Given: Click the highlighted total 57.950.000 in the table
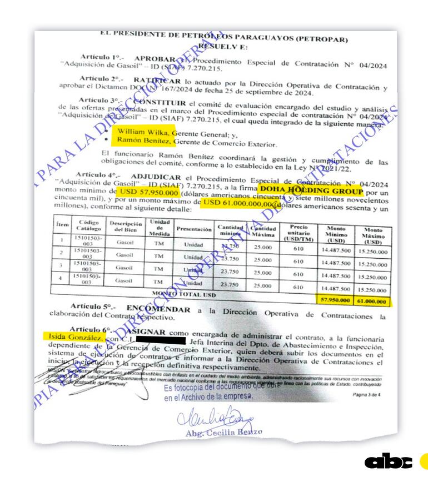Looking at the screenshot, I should pyautogui.click(x=335, y=300).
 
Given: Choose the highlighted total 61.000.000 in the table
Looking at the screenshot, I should pyautogui.click(x=371, y=300).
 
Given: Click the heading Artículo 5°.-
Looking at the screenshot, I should pyautogui.click(x=91, y=307).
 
